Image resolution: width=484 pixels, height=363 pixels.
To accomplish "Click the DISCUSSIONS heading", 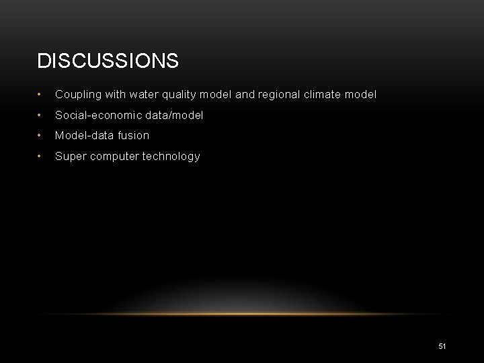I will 108,61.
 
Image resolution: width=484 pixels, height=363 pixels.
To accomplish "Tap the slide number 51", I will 442,346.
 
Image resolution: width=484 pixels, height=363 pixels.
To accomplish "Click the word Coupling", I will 77,95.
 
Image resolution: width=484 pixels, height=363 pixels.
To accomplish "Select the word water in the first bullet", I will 145,95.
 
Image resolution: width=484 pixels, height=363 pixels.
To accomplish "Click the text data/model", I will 174,116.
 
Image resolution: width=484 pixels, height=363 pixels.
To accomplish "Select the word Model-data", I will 84,135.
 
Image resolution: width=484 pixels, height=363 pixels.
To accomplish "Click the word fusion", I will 133,135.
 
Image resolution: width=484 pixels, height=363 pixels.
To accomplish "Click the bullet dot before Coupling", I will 41,95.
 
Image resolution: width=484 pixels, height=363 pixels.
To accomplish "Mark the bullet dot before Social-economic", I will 41,116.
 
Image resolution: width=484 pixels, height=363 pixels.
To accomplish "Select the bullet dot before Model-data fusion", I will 41,136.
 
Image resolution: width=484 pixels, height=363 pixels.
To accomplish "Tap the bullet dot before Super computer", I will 41,157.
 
